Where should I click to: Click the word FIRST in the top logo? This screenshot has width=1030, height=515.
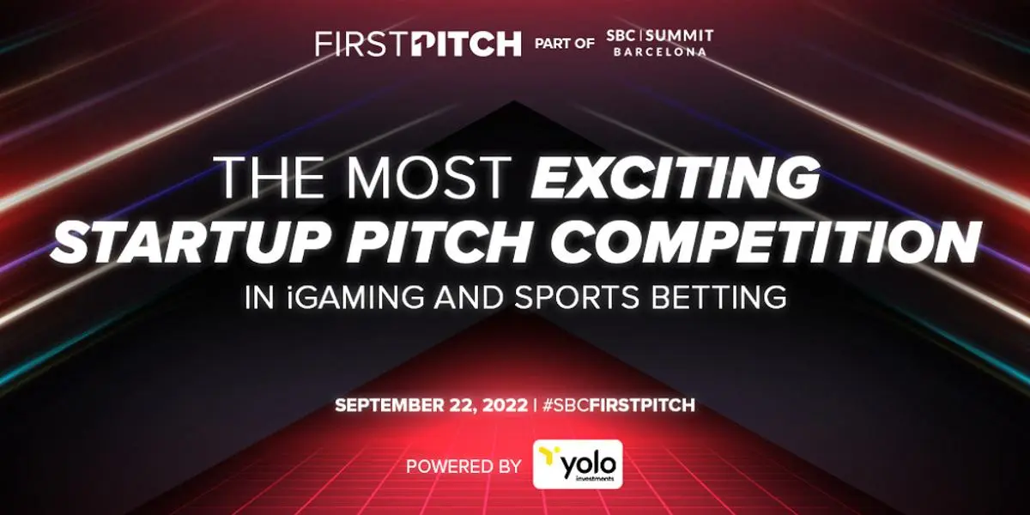(355, 44)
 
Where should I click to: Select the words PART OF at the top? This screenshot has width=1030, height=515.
(565, 43)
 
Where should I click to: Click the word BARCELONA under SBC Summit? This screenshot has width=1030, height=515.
(666, 51)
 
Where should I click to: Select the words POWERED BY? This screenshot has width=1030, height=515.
(463, 467)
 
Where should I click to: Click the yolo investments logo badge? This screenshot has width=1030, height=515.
(577, 464)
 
